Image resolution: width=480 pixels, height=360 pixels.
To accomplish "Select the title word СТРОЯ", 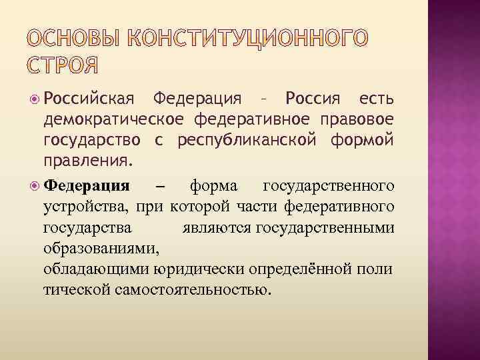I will [64, 66].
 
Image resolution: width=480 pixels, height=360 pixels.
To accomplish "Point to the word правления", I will [87, 161].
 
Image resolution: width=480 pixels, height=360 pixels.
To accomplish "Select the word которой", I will [195, 205].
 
